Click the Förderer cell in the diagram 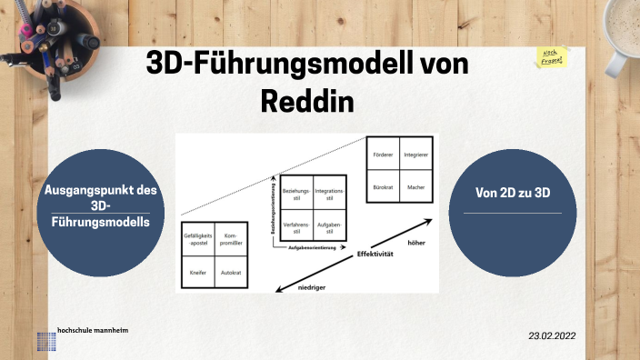click(x=383, y=155)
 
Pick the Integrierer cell click(x=415, y=155)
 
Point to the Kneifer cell click(x=197, y=272)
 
